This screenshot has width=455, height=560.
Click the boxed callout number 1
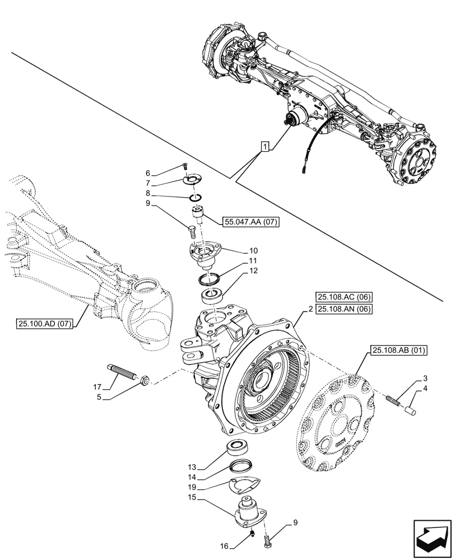tap(265, 147)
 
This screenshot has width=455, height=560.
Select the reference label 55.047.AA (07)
tap(252, 221)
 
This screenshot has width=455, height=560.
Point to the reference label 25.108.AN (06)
tap(344, 309)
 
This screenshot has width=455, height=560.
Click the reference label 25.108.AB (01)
tap(398, 351)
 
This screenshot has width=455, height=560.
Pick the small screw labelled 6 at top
tap(185, 166)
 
